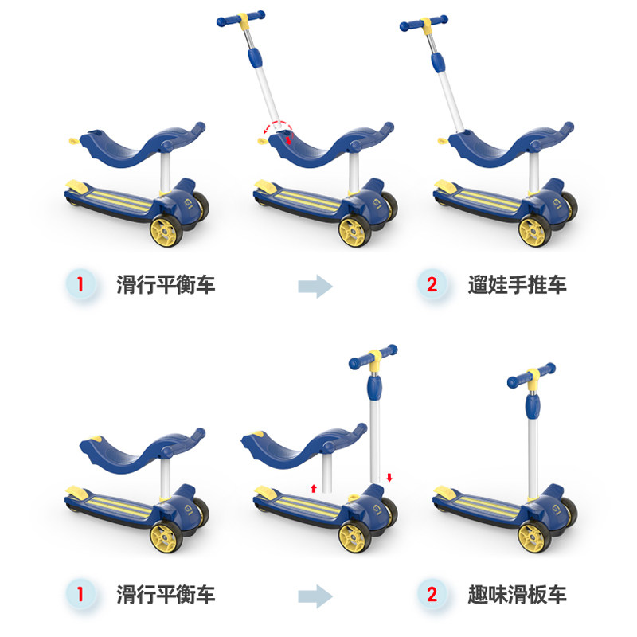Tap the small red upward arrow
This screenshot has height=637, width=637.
point(314,487)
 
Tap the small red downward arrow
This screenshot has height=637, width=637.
point(389,477)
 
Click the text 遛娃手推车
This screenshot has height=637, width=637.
point(517,283)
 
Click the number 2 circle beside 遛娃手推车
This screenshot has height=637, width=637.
point(432,283)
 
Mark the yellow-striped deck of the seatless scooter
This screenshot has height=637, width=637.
point(478,501)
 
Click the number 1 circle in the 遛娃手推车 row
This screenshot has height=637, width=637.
point(79,283)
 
